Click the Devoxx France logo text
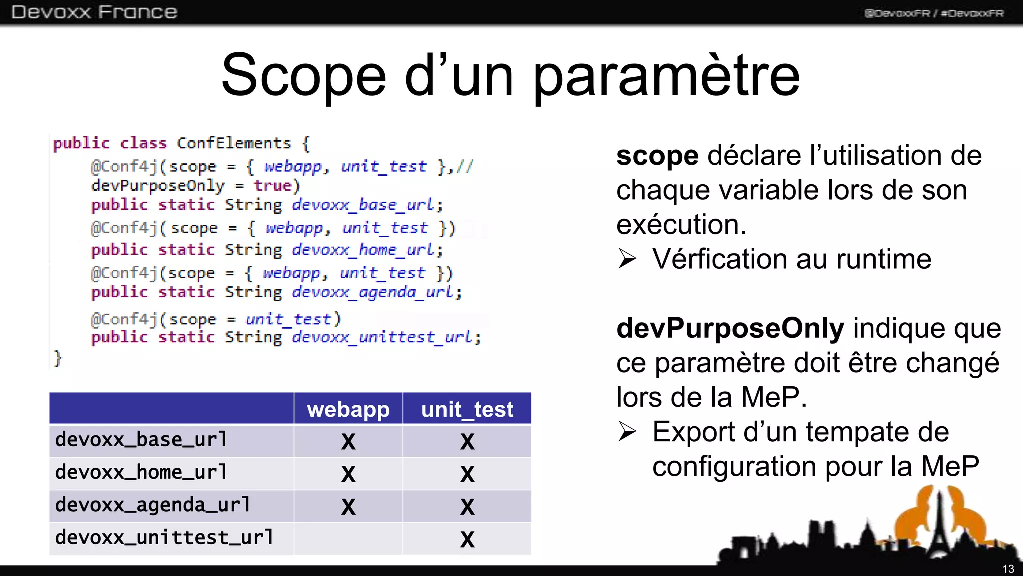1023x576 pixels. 94,12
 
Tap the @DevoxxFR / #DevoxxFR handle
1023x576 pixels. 934,13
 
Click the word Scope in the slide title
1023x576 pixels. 304,76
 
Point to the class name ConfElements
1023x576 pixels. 234,143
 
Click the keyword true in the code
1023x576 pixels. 272,186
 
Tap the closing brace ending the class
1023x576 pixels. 58,358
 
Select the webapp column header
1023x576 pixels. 348,409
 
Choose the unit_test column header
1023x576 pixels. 467,409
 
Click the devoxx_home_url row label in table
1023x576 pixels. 141,472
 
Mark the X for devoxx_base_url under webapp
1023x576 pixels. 348,441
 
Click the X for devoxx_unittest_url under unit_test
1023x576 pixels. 467,539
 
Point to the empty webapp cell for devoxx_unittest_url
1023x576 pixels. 348,538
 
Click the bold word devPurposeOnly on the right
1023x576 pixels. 730,328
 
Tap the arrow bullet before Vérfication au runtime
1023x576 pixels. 627,259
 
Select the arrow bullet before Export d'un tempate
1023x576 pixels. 627,432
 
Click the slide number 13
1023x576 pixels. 1008,569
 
